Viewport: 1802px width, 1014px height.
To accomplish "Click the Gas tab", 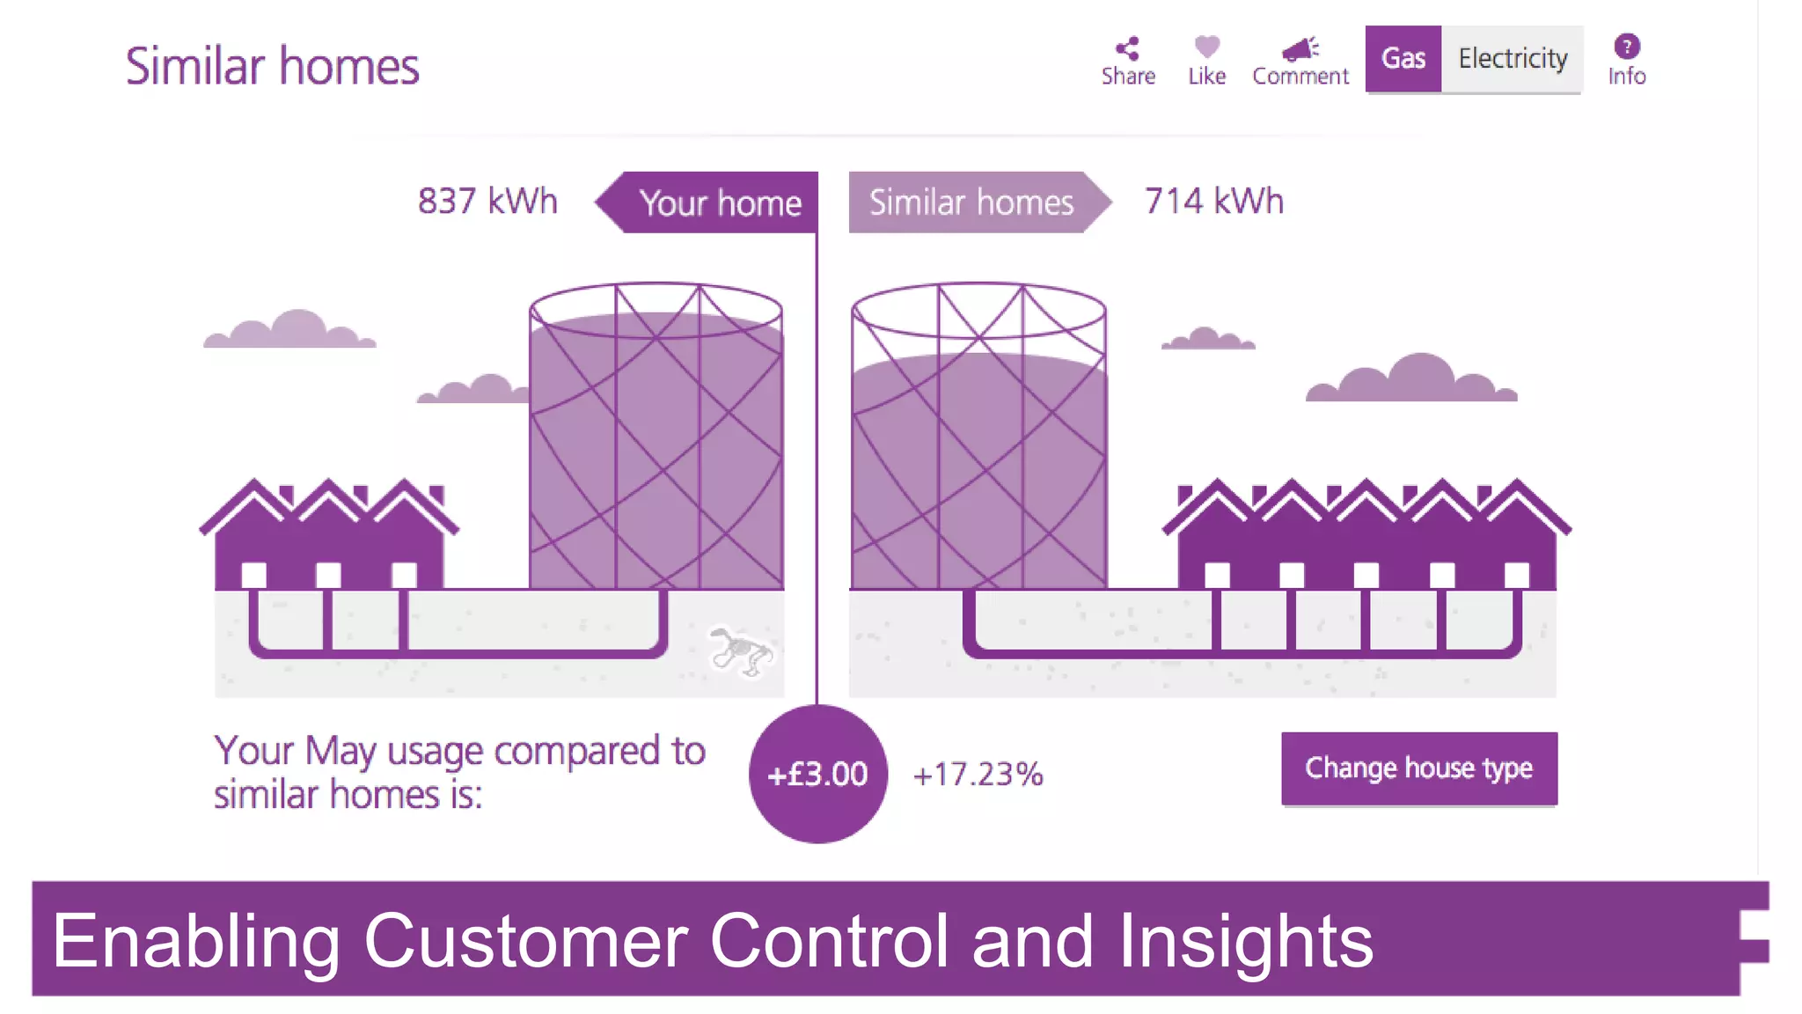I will pyautogui.click(x=1403, y=58).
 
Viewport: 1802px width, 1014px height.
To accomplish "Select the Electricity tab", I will pyautogui.click(x=1512, y=58).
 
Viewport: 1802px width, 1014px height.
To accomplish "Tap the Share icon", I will pyautogui.click(x=1127, y=48).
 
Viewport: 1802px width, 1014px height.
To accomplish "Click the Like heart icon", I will pyautogui.click(x=1206, y=46).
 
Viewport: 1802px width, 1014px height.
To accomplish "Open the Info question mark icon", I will pyautogui.click(x=1626, y=46).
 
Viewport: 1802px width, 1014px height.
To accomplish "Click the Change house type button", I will pyautogui.click(x=1418, y=768).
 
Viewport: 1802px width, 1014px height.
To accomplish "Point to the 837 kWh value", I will pyautogui.click(x=487, y=202).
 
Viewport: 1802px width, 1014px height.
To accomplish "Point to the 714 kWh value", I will pyautogui.click(x=1213, y=202).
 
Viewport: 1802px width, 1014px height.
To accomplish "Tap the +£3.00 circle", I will pyautogui.click(x=817, y=774).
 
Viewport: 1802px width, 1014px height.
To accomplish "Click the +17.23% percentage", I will pyautogui.click(x=978, y=775).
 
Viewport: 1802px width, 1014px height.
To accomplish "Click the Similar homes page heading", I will pyautogui.click(x=272, y=66).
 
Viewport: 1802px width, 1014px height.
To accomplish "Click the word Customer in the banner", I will pyautogui.click(x=525, y=941).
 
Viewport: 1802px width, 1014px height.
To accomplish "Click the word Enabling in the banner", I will pyautogui.click(x=195, y=941).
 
